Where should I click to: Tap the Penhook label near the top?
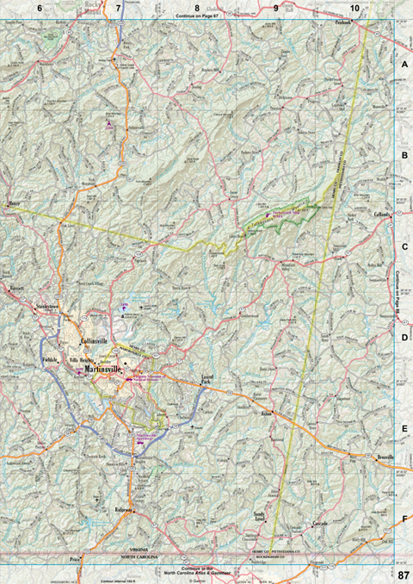[345, 24]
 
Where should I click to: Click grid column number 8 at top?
[197, 7]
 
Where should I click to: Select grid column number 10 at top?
[354, 7]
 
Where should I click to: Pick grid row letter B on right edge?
[404, 155]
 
